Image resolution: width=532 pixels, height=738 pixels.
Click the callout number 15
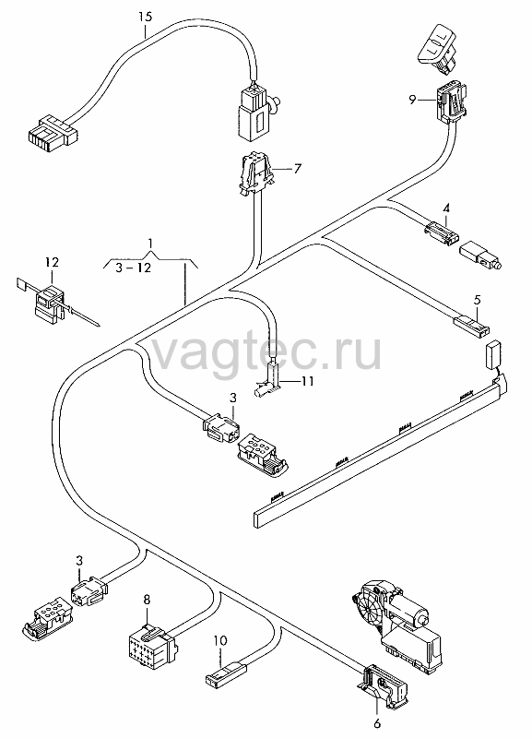pos(146,18)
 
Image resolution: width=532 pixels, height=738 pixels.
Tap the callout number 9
pos(412,100)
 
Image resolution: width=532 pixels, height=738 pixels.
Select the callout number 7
pos(297,168)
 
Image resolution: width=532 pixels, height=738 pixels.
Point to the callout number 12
pos(53,262)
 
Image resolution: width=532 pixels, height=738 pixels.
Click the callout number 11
pos(307,380)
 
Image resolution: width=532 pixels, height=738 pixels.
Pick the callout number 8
pos(147,601)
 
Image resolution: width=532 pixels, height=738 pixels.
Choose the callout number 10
pos(220,640)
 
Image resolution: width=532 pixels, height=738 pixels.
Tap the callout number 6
pos(377,723)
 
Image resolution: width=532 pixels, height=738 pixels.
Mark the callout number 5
pos(477,300)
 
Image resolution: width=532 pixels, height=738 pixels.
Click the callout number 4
pos(446,208)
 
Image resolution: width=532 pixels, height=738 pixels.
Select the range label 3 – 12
pos(134,268)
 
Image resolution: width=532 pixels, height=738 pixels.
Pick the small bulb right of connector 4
pos(480,256)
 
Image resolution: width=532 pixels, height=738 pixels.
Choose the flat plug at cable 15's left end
pos(50,131)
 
